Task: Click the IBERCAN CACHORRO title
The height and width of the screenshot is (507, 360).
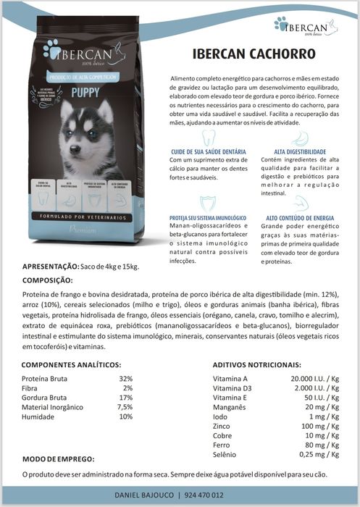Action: coord(254,55)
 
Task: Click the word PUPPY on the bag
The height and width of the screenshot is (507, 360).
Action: coord(85,92)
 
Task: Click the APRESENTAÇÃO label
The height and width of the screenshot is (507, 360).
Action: coord(51,267)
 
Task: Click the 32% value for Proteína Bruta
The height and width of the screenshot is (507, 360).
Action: coord(126,379)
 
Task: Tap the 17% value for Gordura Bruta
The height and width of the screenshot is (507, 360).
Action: coord(126,398)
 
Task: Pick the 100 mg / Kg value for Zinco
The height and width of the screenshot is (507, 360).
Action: coord(320,426)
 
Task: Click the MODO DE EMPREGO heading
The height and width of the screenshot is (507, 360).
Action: coord(58,459)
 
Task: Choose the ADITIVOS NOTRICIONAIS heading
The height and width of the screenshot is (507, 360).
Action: coord(257,364)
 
